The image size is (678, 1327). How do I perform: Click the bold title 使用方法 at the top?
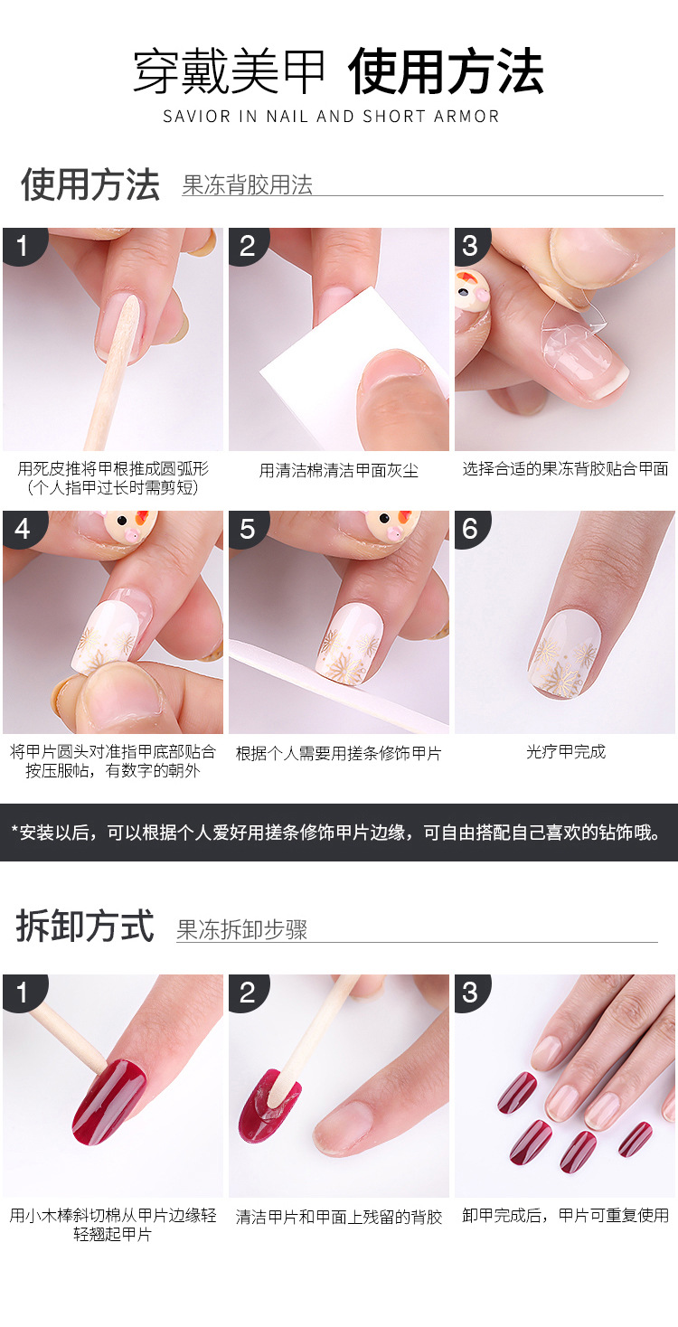pyautogui.click(x=446, y=73)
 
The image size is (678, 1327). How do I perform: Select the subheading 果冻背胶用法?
pyautogui.click(x=247, y=185)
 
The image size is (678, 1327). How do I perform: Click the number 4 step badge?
pyautogui.click(x=22, y=528)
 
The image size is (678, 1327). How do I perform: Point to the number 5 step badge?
pyautogui.click(x=247, y=528)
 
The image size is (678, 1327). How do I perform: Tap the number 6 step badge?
pyautogui.click(x=470, y=528)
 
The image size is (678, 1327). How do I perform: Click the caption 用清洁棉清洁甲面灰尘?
pyautogui.click(x=338, y=470)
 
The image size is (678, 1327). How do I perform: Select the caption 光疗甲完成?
pyautogui.click(x=565, y=752)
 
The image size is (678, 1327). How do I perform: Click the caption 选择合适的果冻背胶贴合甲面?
pyautogui.click(x=565, y=469)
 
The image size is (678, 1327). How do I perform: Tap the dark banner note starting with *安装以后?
pyautogui.click(x=339, y=833)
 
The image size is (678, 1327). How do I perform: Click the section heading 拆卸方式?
pyautogui.click(x=85, y=927)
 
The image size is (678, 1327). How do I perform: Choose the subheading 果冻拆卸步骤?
pyautogui.click(x=241, y=930)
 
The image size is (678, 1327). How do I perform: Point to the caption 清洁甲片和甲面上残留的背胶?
pyautogui.click(x=338, y=1217)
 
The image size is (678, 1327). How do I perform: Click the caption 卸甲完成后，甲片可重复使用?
pyautogui.click(x=565, y=1216)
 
